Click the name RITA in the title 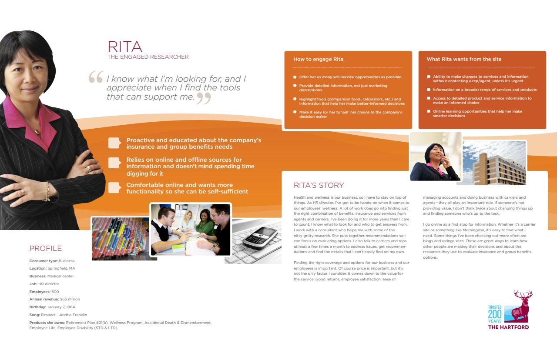[x=125, y=47]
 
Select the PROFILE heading [x=46, y=249]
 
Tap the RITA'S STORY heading [x=319, y=186]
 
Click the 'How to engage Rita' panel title [x=318, y=59]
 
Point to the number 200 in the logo [x=495, y=314]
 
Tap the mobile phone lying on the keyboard [x=260, y=237]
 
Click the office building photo [x=494, y=163]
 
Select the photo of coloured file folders [x=120, y=238]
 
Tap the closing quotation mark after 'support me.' [x=203, y=99]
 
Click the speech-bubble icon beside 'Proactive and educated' [x=114, y=143]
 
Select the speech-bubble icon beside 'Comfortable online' [x=114, y=187]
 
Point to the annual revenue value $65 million [x=70, y=299]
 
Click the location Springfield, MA [x=61, y=268]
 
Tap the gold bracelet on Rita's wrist [x=47, y=191]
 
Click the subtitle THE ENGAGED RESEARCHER [x=148, y=57]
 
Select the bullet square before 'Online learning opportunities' [x=429, y=111]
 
